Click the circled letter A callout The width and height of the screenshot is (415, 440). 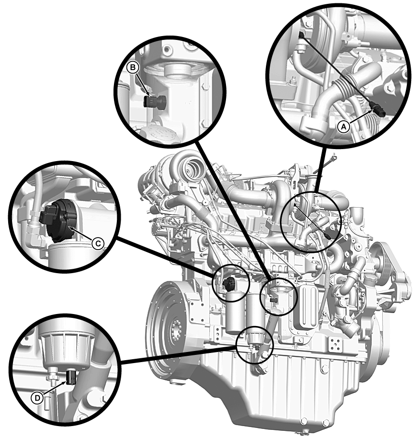coord(344,127)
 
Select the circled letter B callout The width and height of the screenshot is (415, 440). coord(133,67)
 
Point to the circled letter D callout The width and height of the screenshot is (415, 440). coord(38,398)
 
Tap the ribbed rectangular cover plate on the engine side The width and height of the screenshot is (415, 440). coord(308,306)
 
